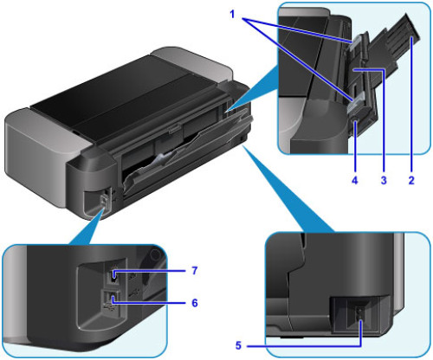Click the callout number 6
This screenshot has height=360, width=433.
click(x=194, y=304)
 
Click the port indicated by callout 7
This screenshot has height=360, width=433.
click(x=116, y=277)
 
